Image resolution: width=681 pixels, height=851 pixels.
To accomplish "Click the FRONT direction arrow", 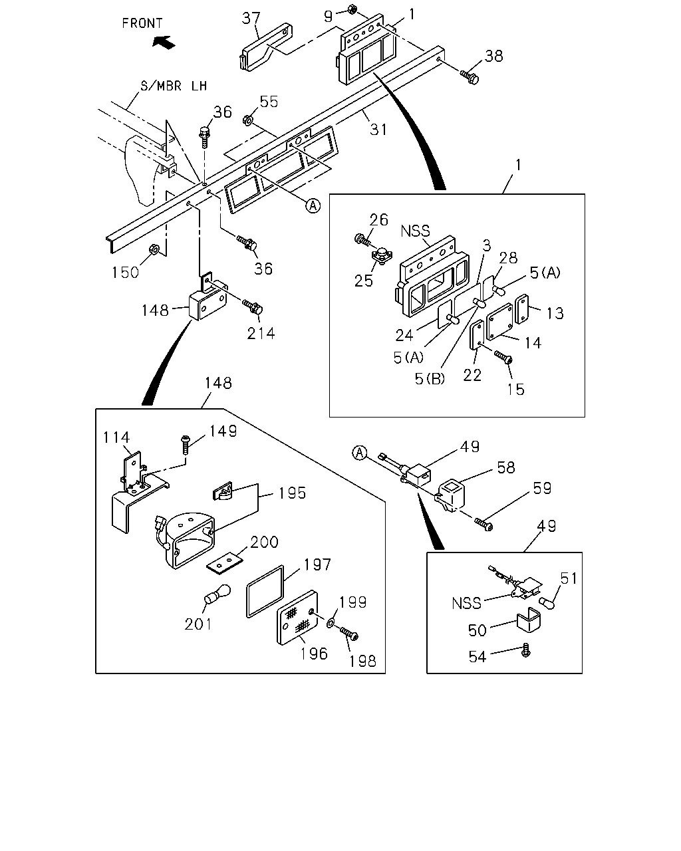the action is coord(164,42).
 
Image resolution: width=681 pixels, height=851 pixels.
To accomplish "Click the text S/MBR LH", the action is coord(174,86).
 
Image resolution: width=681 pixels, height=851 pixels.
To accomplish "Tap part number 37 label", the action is coord(251,18).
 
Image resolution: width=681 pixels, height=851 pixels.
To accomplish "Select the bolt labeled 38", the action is coord(470,76).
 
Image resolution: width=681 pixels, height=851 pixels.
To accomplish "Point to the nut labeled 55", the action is coord(247,120).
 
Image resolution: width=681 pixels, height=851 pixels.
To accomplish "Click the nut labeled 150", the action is coord(154,249).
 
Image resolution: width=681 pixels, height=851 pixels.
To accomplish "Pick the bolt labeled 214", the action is coord(253,307).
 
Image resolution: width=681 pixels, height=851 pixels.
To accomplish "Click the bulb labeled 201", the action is coord(217,594).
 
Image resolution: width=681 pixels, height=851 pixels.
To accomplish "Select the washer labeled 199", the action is coord(331,624).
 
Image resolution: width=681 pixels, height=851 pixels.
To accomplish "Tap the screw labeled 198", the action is coord(349,634).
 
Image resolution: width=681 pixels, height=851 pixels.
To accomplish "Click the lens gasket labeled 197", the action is coord(265,591).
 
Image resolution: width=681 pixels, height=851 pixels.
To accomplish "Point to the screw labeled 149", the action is coord(185,445).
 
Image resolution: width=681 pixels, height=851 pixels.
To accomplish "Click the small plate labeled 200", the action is coord(224,562).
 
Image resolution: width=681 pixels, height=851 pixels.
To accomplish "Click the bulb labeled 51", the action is coord(547,603).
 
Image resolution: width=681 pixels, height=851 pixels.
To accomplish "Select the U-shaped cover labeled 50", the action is coord(529,620).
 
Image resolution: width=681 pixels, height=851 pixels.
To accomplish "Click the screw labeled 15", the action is coord(503,357).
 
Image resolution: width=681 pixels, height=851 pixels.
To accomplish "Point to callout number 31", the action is coord(378,130).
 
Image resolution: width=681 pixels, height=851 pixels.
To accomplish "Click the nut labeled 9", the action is coord(352,9).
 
